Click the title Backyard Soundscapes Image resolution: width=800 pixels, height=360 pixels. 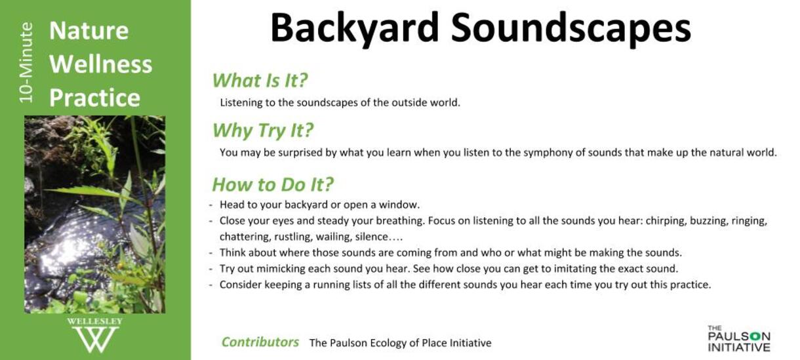[481, 29]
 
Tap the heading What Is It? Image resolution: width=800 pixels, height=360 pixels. [260, 81]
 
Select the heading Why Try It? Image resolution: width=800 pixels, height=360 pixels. [263, 130]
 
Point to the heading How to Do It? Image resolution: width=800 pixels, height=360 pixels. [273, 185]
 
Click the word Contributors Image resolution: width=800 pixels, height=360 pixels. [260, 342]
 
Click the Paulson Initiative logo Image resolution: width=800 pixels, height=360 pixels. [738, 338]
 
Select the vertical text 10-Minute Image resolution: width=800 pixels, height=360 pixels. [26, 62]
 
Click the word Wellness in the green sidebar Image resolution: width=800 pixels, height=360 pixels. [101, 64]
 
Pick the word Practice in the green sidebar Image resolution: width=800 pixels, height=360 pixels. [94, 98]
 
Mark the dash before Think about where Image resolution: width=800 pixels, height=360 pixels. [210, 253]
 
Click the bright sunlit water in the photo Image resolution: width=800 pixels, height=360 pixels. [68, 250]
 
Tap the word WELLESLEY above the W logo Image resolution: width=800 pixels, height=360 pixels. [94, 321]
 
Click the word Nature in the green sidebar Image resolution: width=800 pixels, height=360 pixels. [89, 31]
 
